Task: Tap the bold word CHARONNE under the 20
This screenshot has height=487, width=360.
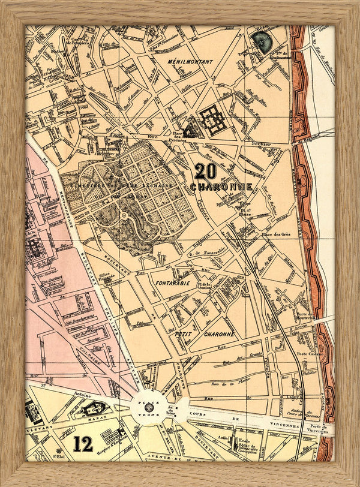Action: (x=221, y=187)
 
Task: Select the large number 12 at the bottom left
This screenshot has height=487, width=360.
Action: (x=83, y=444)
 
